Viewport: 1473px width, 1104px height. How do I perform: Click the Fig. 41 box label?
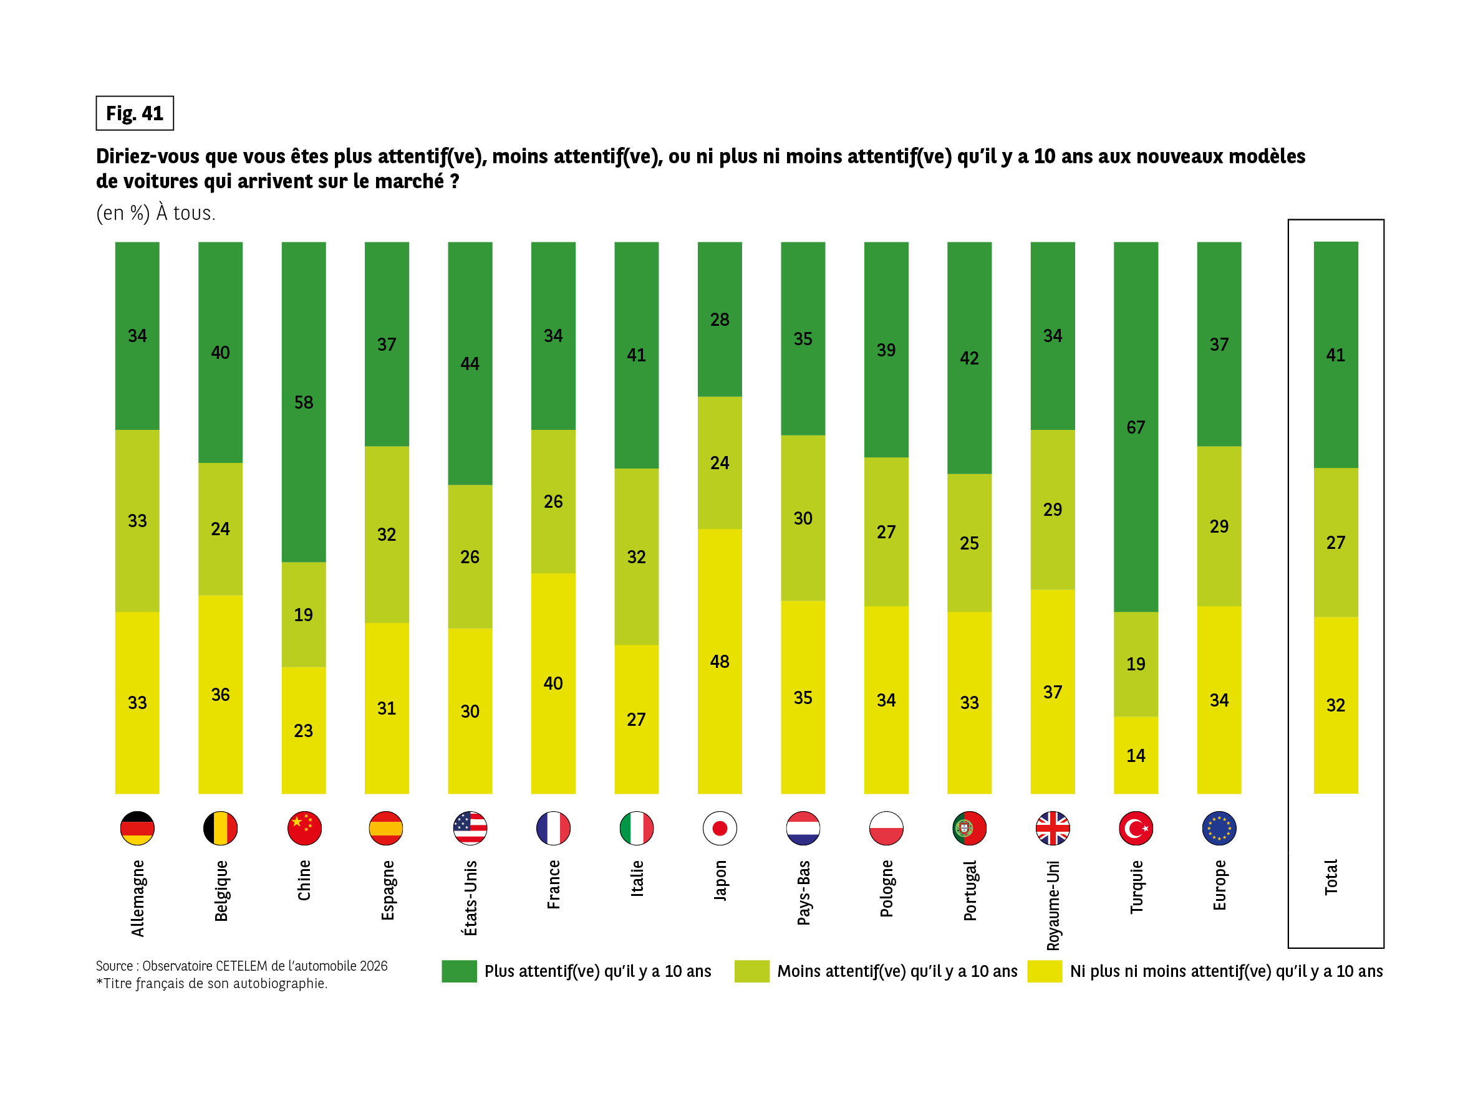[135, 113]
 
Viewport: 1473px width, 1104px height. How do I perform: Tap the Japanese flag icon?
[719, 828]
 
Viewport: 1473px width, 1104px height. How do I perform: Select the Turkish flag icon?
[1136, 828]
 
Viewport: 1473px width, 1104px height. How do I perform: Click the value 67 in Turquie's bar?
[1136, 427]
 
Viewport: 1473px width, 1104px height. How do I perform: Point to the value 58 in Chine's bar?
[304, 402]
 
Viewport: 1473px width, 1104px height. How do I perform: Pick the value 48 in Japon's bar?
[719, 662]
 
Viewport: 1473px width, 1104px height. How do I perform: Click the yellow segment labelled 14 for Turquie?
[1136, 755]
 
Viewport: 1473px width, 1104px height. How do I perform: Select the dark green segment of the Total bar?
[1335, 355]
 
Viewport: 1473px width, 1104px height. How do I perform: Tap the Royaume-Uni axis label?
[1053, 905]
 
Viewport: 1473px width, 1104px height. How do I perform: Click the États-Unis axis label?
[470, 897]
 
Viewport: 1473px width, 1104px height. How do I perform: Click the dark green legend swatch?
[459, 971]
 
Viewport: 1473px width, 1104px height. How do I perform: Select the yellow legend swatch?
[1044, 971]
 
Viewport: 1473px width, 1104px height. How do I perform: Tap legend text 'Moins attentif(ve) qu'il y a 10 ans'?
[897, 971]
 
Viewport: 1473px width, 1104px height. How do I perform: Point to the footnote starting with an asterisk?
[212, 984]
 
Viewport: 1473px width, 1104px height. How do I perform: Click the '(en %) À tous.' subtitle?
[156, 213]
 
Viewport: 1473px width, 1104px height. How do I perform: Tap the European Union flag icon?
[1219, 828]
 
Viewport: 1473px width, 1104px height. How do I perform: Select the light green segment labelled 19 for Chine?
[304, 614]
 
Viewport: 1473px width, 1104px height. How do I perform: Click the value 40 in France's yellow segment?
[553, 683]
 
